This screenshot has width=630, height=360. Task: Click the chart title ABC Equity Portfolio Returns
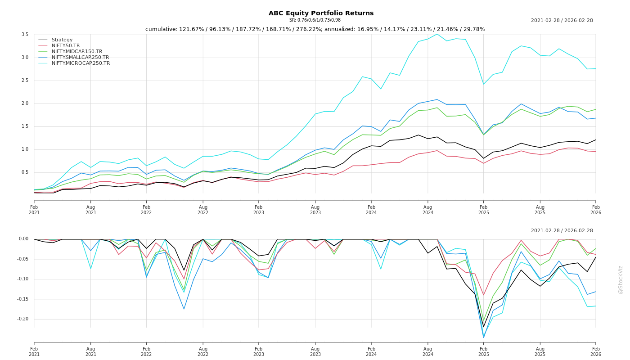pos(321,13)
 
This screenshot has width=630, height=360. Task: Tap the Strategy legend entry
pos(62,40)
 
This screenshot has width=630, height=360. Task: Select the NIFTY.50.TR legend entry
pos(66,46)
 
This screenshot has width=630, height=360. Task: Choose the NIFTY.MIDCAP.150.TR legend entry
pos(77,52)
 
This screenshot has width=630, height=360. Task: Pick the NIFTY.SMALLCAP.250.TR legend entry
pos(80,58)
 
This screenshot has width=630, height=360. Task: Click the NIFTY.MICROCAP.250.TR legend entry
pos(81,63)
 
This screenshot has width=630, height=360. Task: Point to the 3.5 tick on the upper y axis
pos(25,35)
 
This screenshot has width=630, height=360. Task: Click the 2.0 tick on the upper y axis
pos(25,103)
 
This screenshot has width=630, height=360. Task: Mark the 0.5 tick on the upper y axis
pos(25,172)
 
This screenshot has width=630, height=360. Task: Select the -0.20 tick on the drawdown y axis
pos(22,319)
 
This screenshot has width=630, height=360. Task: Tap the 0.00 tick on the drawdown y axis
pos(23,239)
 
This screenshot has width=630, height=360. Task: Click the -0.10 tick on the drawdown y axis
pos(22,279)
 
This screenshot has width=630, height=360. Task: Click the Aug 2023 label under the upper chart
pos(315,210)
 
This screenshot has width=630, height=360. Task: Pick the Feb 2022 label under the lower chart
pos(146,351)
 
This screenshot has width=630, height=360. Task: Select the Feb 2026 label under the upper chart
pos(596,210)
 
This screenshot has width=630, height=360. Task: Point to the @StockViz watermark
pos(621,279)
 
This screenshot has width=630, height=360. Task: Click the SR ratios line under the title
pos(315,20)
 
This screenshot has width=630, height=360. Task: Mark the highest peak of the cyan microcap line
pos(437,34)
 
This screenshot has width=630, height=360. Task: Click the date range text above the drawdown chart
pos(562,231)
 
